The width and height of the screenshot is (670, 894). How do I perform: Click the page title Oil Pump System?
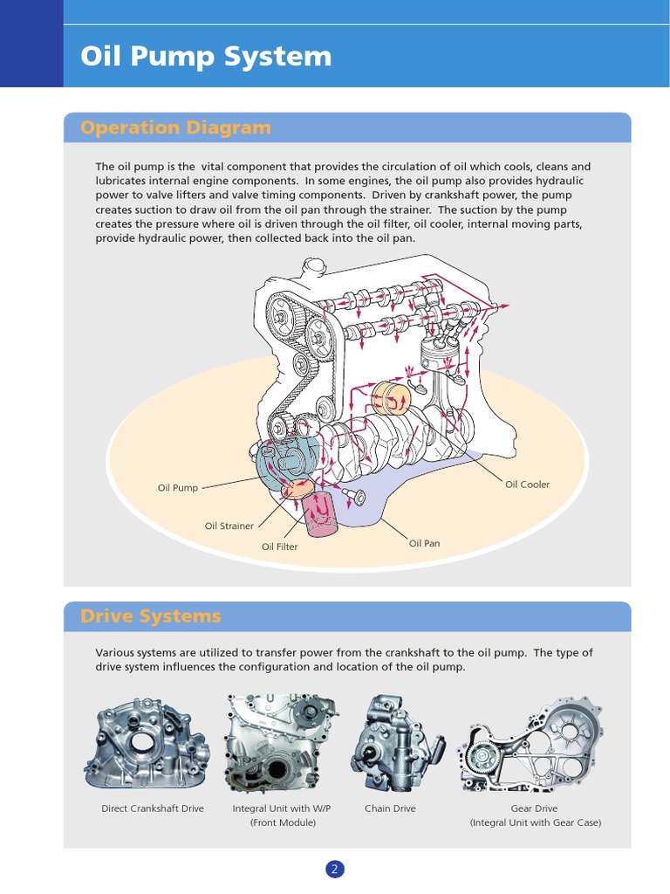(206, 57)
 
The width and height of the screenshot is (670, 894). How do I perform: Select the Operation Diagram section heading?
(175, 127)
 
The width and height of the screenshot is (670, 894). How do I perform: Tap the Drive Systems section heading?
(150, 616)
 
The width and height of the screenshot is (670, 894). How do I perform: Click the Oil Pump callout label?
(178, 488)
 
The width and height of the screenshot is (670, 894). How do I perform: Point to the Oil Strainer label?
(229, 526)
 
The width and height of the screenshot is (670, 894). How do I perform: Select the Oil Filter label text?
(280, 547)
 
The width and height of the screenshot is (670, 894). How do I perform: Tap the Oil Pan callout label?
(425, 543)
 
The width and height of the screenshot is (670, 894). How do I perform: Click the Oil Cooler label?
(528, 485)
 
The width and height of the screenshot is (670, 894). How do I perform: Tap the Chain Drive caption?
(390, 808)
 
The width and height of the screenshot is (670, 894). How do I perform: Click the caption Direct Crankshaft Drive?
(153, 808)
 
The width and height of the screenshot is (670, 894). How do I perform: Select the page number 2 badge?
(335, 869)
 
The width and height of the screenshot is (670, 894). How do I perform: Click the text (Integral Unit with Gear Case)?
(535, 822)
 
